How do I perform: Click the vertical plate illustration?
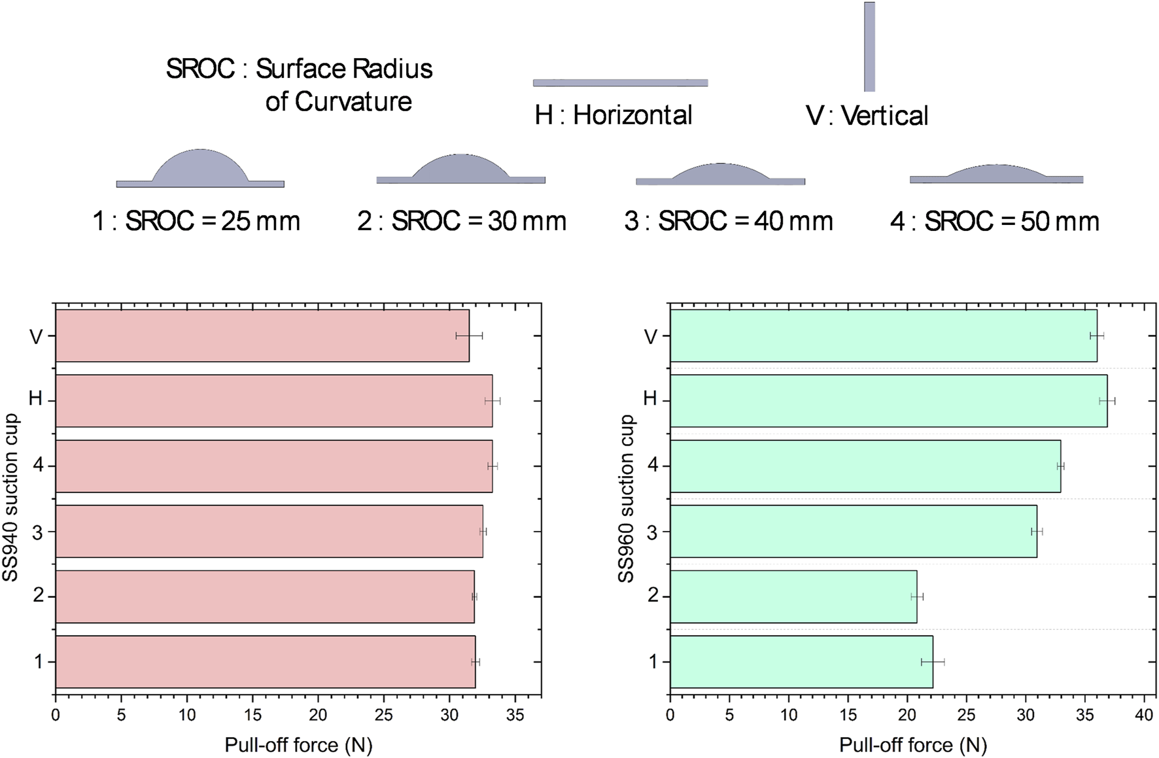[869, 46]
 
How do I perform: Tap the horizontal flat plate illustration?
[620, 83]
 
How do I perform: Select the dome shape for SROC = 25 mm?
[200, 168]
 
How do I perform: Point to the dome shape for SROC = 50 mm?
[996, 173]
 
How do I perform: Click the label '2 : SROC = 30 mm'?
[462, 221]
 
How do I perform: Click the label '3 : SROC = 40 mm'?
[729, 221]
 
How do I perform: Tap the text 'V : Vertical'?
[867, 116]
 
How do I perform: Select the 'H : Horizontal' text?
[614, 115]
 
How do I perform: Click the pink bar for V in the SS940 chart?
[262, 336]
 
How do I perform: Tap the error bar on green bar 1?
[933, 662]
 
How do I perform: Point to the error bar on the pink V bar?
[469, 336]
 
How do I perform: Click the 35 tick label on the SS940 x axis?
[515, 715]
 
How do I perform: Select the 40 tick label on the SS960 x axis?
[1144, 715]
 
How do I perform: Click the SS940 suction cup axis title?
[10, 497]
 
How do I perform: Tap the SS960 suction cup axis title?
[626, 498]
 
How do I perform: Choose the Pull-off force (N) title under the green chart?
[912, 745]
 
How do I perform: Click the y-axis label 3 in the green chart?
[651, 532]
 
